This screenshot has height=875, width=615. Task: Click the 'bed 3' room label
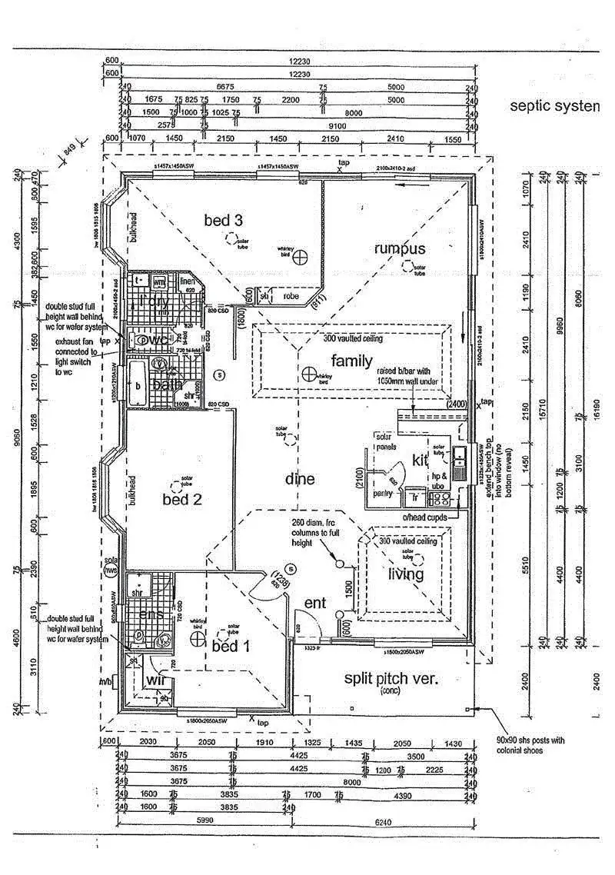point(223,221)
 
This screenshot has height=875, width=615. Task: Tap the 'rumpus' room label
point(399,248)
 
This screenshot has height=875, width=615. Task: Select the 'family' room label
point(351,361)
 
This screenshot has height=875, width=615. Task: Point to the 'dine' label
point(300,479)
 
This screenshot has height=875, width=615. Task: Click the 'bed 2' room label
point(182,499)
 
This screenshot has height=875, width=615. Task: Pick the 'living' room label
point(405,574)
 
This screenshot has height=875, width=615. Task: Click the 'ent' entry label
point(316,604)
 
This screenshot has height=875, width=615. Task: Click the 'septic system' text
point(553,105)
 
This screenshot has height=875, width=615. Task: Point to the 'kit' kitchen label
point(420,460)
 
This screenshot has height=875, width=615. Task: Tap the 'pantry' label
point(383,494)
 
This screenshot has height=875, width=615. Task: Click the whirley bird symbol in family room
point(308,374)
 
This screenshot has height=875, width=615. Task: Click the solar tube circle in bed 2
point(183,484)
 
